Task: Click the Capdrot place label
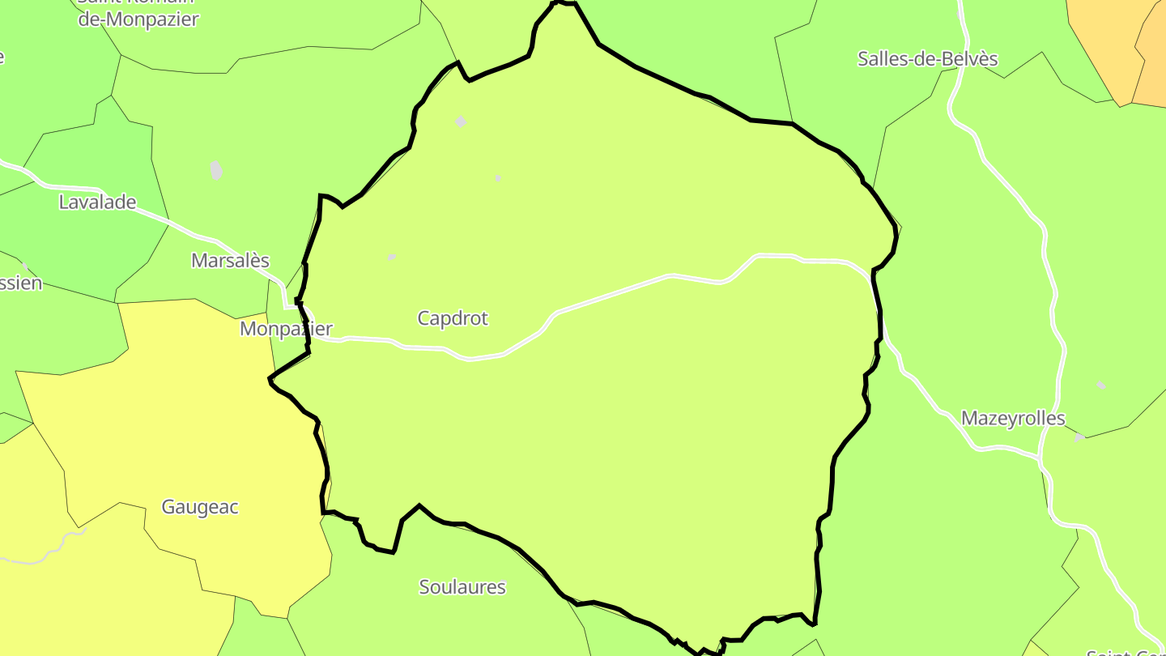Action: coord(453,318)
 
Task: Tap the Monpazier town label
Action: coord(286,329)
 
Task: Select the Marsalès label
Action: coord(230,260)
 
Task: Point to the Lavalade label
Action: coord(97,202)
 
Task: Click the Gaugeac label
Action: coord(200,507)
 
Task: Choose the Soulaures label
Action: coord(462,587)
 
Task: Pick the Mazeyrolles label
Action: coord(1013,419)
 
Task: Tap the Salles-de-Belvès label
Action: coord(928,58)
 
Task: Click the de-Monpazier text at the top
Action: coord(138,19)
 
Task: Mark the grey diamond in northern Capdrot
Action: coord(461,121)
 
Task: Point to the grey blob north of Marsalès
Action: coord(215,170)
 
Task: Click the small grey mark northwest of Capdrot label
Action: coord(392,257)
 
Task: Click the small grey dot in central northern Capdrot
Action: coord(498,177)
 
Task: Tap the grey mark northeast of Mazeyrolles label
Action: coord(1100,385)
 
